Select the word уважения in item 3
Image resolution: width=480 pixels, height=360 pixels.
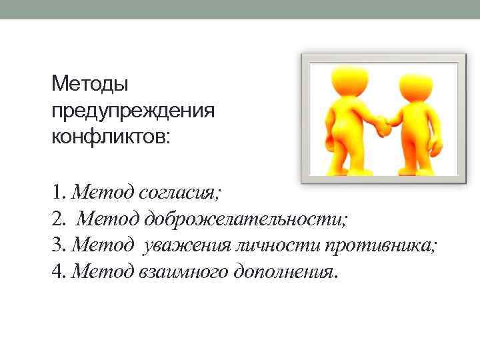coord(183,245)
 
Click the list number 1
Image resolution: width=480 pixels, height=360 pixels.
coord(57,193)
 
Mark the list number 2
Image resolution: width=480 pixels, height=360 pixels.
coord(57,219)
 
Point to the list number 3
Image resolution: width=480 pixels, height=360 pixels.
coord(57,245)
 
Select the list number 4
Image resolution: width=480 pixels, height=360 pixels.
coord(57,271)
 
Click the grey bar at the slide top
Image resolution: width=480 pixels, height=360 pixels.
coord(240,9)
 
